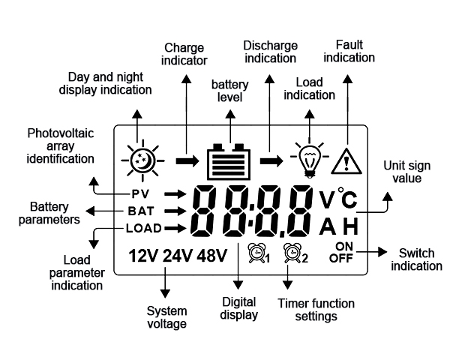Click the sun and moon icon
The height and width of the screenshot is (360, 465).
click(x=140, y=160)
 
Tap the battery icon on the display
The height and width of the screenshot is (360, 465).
click(x=228, y=160)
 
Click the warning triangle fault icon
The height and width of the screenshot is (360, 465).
click(x=346, y=160)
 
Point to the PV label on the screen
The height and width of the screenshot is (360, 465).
click(x=139, y=193)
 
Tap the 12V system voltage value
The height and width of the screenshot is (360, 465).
click(x=143, y=256)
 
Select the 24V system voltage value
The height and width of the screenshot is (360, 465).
click(x=178, y=256)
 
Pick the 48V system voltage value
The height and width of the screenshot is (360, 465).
click(x=212, y=256)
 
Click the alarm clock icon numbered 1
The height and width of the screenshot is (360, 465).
click(x=257, y=256)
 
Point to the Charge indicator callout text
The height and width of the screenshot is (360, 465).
click(x=184, y=54)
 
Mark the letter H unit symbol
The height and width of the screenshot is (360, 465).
click(x=351, y=227)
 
